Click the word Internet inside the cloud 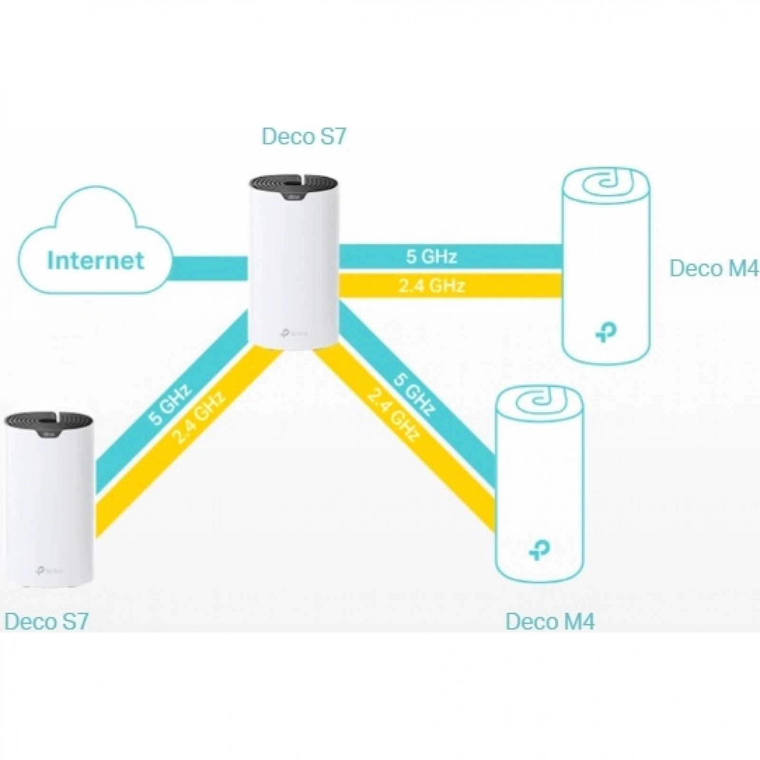coord(95,260)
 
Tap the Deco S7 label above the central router coord(304,136)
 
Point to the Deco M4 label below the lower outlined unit coord(550,621)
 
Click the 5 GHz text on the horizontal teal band coord(431,256)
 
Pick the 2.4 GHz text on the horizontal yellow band coord(431,286)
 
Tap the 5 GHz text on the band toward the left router coord(170,403)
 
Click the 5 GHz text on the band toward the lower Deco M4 coord(414,394)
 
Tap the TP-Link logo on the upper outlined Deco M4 coord(606,334)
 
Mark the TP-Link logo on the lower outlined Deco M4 coord(540,550)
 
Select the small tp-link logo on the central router coord(294,332)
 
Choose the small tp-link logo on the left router coord(48,569)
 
